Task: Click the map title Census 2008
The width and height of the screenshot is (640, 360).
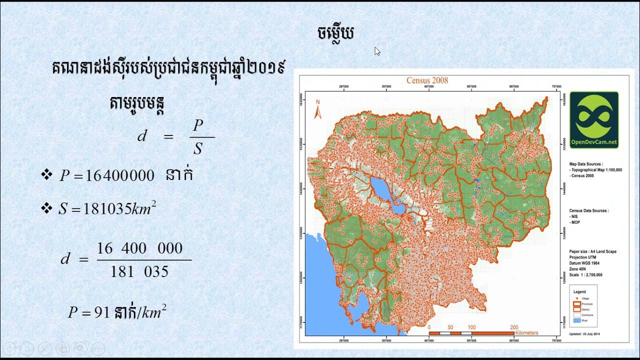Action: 427,80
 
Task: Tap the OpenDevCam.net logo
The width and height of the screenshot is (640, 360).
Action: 594,120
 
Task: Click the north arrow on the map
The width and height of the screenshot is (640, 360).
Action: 317,109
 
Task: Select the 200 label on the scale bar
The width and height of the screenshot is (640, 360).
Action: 513,327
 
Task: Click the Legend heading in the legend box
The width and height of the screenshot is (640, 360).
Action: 579,291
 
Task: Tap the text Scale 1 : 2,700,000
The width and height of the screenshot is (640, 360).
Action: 585,274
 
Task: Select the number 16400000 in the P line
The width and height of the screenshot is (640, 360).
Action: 120,175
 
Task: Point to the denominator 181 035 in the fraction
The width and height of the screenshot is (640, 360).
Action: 139,271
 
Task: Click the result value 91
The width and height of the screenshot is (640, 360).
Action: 102,312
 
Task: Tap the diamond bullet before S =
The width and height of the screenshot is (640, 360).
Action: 47,208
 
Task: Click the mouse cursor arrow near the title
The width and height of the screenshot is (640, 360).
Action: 377,51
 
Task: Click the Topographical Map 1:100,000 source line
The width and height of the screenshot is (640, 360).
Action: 596,170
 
